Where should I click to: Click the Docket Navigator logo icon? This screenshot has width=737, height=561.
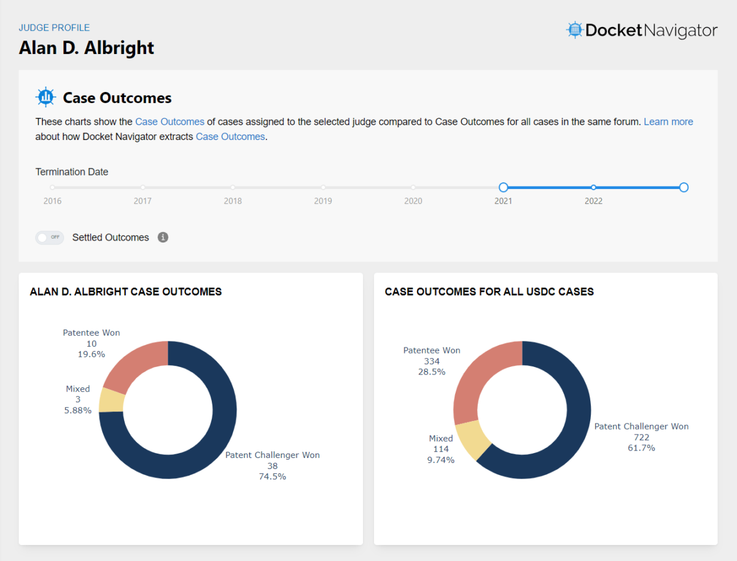pyautogui.click(x=574, y=30)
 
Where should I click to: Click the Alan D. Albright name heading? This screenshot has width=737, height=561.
pyautogui.click(x=87, y=48)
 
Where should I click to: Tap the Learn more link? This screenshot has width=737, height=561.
pyautogui.click(x=668, y=122)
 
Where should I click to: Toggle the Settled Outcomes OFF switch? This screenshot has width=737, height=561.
pyautogui.click(x=50, y=238)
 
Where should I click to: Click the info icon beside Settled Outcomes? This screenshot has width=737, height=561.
pyautogui.click(x=163, y=237)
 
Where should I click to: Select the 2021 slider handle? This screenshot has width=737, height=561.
pyautogui.click(x=503, y=187)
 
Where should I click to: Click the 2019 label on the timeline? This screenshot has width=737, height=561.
pyautogui.click(x=322, y=201)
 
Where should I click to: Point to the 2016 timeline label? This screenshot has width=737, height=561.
pyautogui.click(x=52, y=201)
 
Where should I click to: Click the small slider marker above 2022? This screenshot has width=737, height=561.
pyautogui.click(x=593, y=187)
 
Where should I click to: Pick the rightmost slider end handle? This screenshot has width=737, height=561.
pyautogui.click(x=684, y=187)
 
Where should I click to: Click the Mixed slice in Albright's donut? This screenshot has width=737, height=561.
pyautogui.click(x=112, y=400)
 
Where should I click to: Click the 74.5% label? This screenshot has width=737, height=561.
pyautogui.click(x=272, y=476)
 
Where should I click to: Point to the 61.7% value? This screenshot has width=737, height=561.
pyautogui.click(x=641, y=448)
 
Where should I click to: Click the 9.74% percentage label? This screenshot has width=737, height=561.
pyautogui.click(x=440, y=460)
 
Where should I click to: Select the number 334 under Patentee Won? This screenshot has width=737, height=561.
pyautogui.click(x=432, y=362)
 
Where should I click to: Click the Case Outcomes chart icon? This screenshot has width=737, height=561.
pyautogui.click(x=45, y=98)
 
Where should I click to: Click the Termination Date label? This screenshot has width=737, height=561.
pyautogui.click(x=72, y=172)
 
